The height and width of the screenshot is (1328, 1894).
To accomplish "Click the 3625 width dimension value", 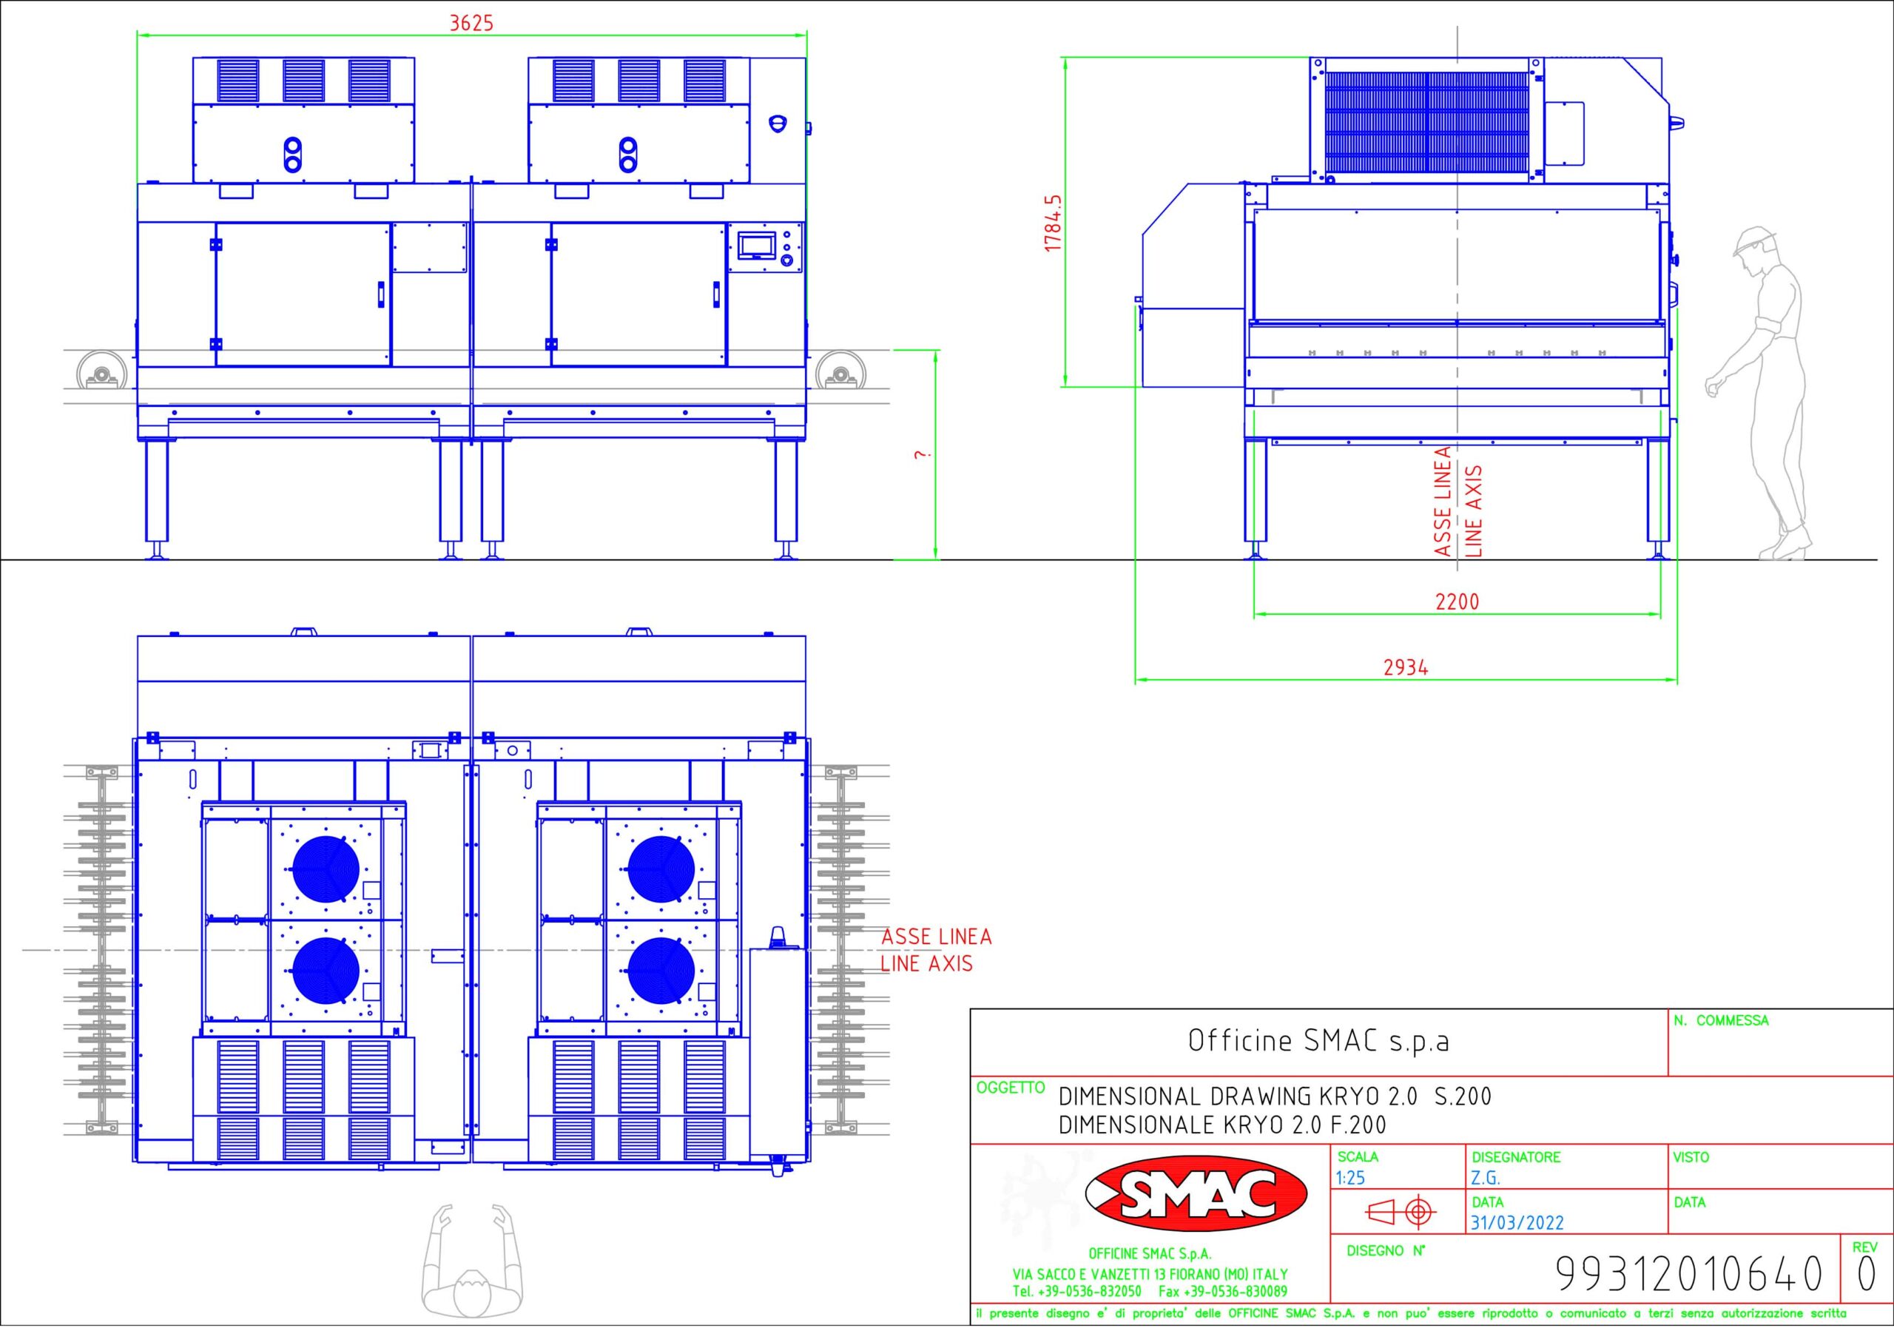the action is tap(471, 22).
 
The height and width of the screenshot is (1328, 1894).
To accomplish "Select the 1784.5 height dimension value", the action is tap(1053, 223).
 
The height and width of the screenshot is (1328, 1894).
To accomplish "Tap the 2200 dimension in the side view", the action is tap(1457, 601).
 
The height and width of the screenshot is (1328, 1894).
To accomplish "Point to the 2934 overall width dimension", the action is tap(1406, 667).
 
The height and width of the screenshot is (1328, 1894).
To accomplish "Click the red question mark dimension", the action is tap(923, 454).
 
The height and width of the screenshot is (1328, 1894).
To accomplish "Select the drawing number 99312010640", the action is tap(1688, 1273).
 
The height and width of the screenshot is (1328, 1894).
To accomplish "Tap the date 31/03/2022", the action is tap(1517, 1222).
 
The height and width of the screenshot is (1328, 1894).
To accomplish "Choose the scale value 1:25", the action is tap(1350, 1178).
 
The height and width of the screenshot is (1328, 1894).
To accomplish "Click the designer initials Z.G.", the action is tap(1485, 1178).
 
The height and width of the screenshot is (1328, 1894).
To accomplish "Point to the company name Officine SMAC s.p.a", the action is tap(1318, 1041).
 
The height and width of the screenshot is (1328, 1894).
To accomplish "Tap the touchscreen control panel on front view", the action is tap(758, 245).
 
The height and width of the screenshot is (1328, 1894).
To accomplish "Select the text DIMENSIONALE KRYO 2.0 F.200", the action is tap(1222, 1125).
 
